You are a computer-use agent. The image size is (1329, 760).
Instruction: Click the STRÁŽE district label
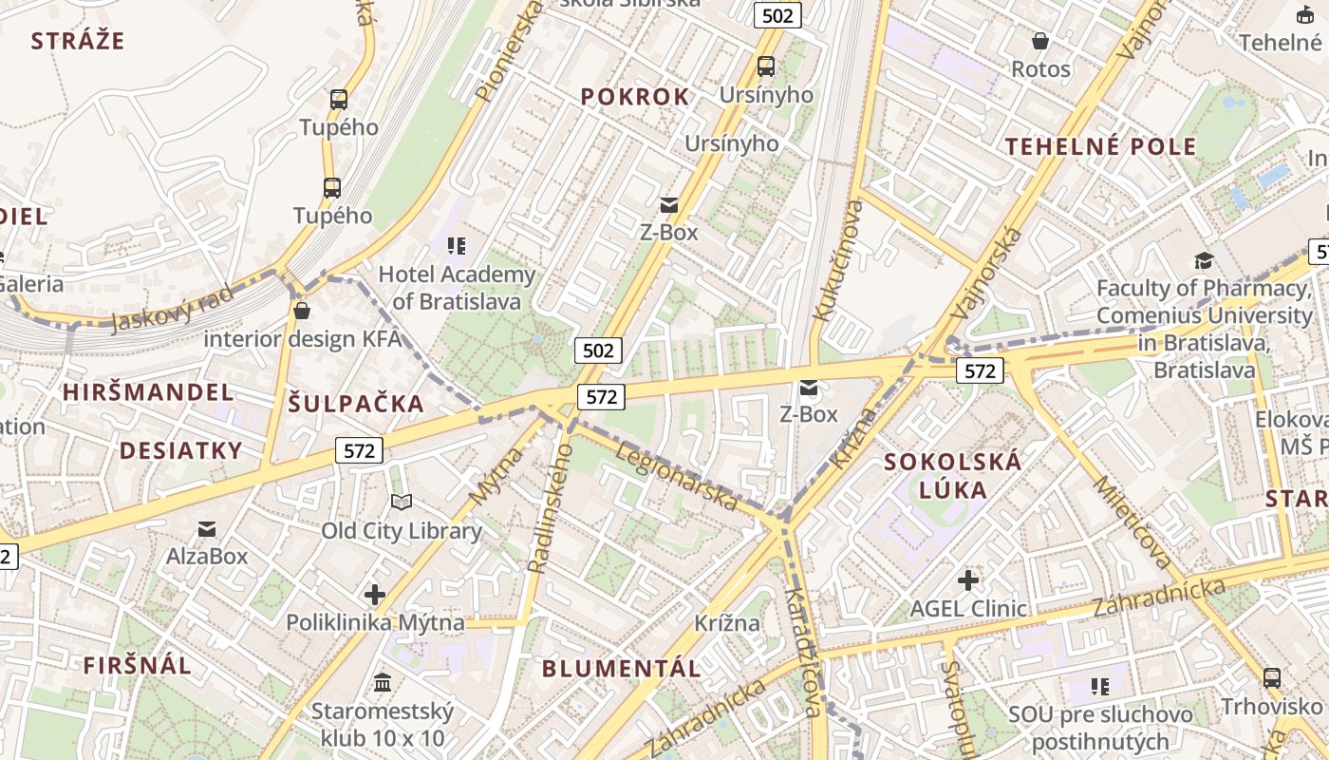(x=78, y=41)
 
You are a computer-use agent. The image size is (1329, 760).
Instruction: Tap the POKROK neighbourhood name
(x=635, y=97)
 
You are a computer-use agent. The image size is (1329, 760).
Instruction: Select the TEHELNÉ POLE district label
(x=1101, y=146)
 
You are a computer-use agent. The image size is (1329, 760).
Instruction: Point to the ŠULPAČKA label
(x=356, y=404)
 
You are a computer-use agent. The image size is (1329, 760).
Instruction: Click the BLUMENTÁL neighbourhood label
(x=622, y=668)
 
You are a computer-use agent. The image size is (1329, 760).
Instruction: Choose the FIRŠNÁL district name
(x=138, y=665)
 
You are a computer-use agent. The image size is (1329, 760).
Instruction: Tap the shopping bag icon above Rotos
(x=1040, y=41)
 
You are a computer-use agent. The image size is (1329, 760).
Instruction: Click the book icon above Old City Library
(x=402, y=502)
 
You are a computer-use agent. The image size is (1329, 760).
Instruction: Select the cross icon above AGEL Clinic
(x=968, y=579)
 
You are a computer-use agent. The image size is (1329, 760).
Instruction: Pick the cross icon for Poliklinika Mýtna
(x=375, y=595)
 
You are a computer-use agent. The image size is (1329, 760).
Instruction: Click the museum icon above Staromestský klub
(x=383, y=682)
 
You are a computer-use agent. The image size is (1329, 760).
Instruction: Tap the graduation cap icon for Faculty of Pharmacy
(x=1204, y=260)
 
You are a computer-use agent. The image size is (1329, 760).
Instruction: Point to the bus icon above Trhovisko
(x=1272, y=678)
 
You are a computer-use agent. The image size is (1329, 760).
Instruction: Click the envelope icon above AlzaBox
(x=207, y=528)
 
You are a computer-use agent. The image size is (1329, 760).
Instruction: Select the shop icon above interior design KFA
(x=302, y=311)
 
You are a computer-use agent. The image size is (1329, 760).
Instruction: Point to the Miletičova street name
(x=1132, y=523)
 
